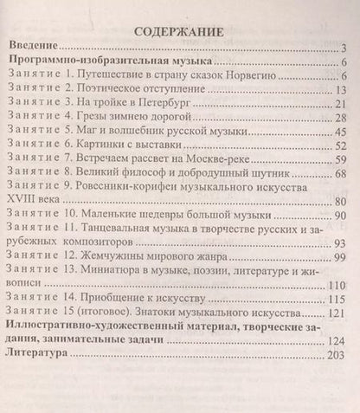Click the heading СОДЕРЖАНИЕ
pyautogui.click(x=179, y=33)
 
